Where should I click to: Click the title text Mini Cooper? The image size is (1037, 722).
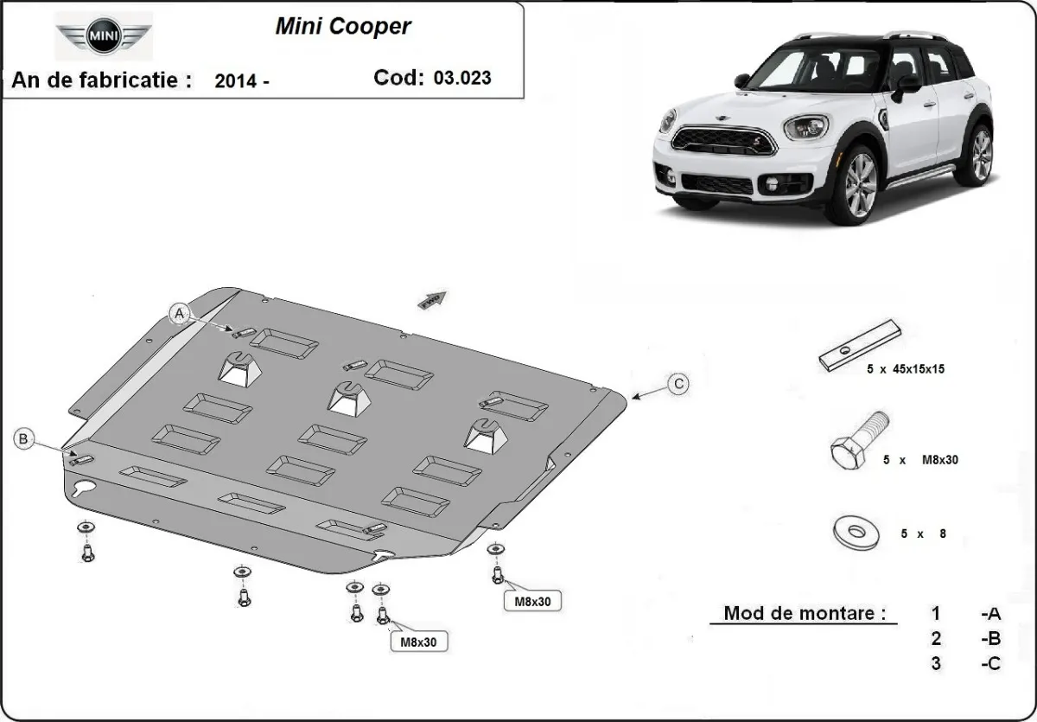pos(343,26)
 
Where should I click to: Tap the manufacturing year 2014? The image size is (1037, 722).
pos(235,81)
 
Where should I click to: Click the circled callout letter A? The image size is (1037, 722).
pos(180,313)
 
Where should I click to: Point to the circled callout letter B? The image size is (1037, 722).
pos(24,439)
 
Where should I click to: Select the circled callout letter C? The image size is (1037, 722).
pos(679,383)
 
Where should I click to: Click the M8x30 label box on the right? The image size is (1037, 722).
pos(532,600)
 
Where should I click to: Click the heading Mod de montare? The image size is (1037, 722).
pos(805,613)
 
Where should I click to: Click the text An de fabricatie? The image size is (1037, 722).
pos(100,80)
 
